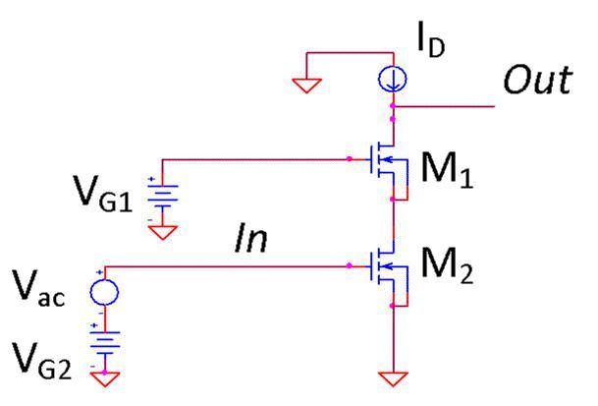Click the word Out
536,82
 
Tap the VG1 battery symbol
157,198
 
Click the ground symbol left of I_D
306,86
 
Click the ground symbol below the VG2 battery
103,376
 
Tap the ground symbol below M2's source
393,376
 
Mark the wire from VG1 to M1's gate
255,157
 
